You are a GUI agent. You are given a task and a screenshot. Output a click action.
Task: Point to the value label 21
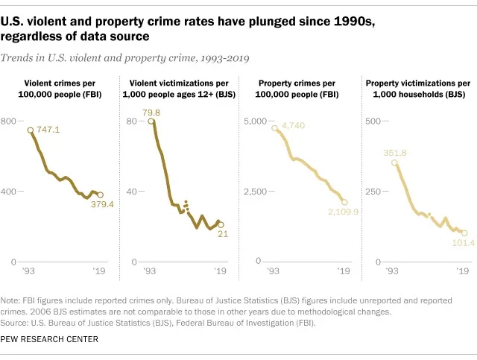click(222, 235)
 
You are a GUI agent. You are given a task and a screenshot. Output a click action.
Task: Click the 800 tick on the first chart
click(8, 121)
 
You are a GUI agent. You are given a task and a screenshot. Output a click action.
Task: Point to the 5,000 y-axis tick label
click(254, 121)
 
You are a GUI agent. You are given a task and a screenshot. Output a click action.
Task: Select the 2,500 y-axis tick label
click(254, 192)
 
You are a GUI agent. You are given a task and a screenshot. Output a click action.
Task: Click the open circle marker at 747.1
click(31, 130)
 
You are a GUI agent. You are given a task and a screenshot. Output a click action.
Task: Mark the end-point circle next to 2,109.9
click(344, 202)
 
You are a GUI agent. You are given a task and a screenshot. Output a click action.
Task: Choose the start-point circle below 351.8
click(394, 162)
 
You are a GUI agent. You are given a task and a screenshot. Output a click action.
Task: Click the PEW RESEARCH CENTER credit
click(54, 340)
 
